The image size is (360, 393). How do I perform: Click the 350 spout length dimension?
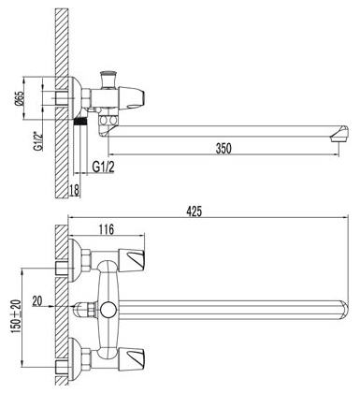coord(223,148)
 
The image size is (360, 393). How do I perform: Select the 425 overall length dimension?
coord(194,211)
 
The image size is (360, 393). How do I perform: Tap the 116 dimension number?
coord(107,229)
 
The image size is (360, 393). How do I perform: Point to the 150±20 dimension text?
coord(17,316)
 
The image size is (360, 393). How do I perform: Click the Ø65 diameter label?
coord(20,98)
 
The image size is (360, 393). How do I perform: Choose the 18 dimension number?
coord(74,190)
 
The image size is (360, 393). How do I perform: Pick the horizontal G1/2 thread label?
coord(104,167)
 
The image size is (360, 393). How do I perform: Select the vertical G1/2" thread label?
coord(38,141)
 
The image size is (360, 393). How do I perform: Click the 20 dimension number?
coord(37,301)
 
